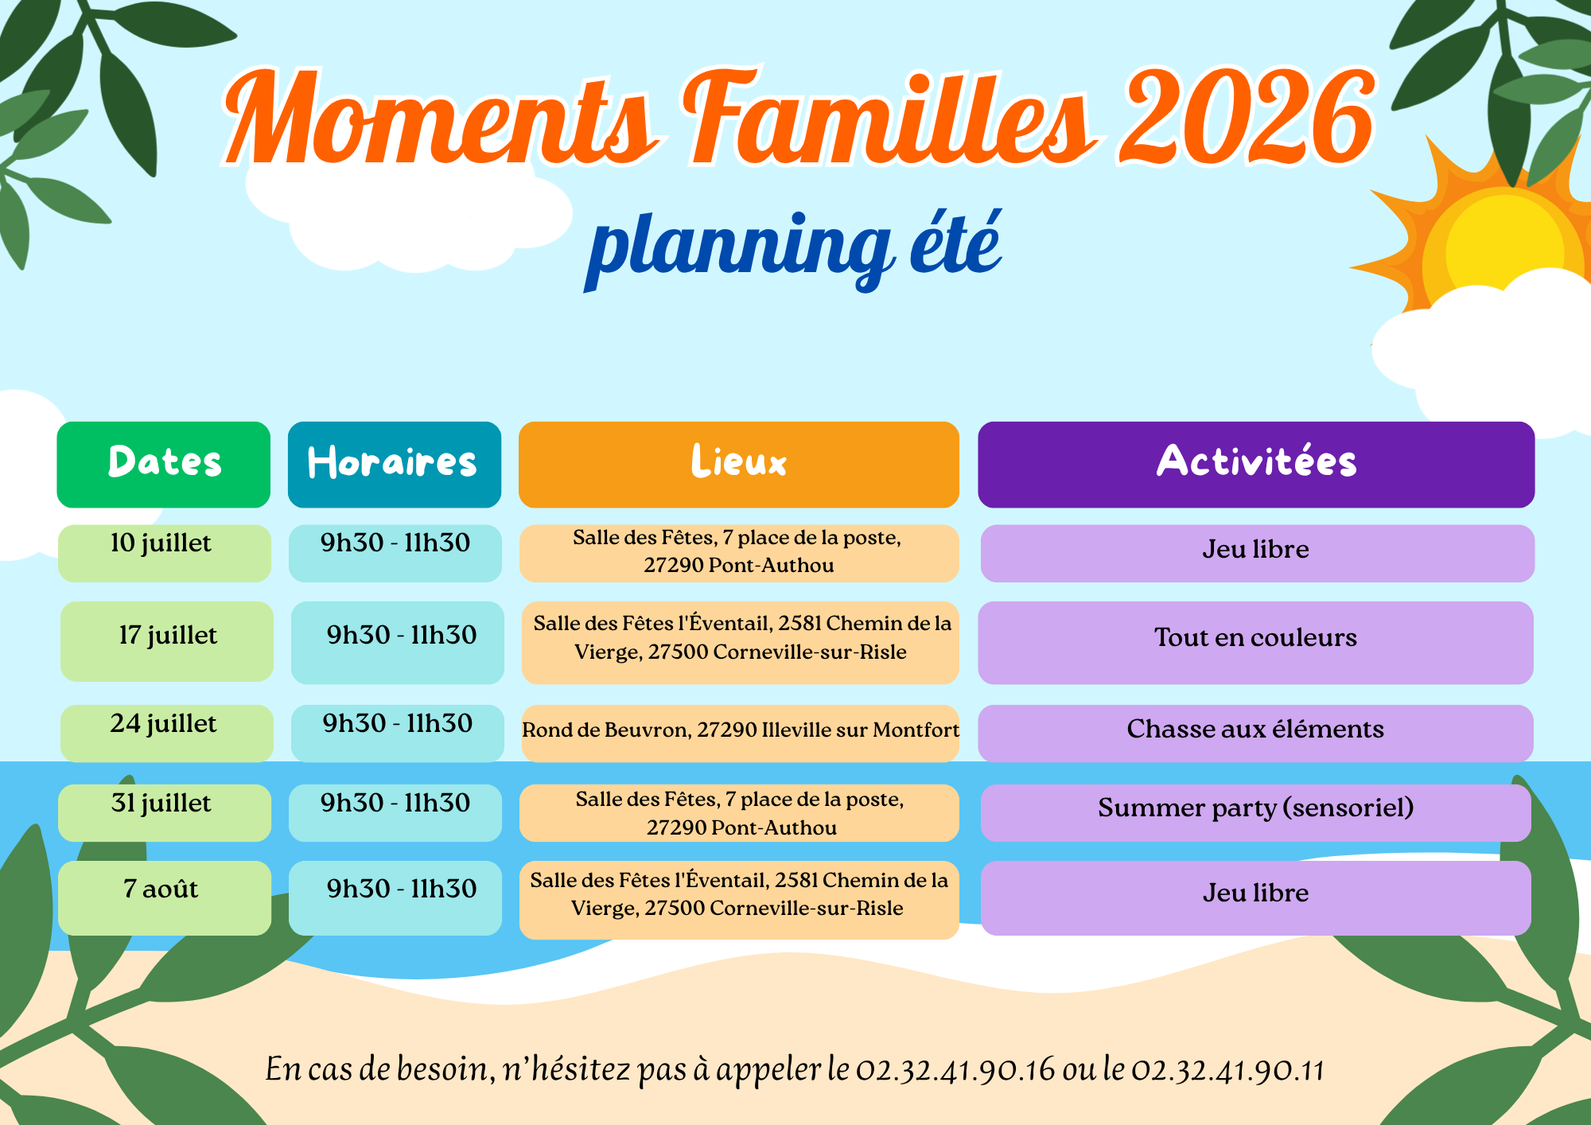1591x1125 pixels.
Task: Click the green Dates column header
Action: coord(164,465)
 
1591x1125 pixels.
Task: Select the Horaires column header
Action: coord(395,465)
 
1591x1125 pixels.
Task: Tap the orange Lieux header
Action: coord(739,465)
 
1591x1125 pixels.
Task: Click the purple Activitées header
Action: coord(1256,465)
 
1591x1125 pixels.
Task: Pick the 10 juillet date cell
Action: coord(165,553)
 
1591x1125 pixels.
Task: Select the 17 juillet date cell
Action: coord(167,641)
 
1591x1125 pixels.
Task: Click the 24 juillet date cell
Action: coord(167,733)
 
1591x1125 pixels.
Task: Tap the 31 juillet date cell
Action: coord(165,812)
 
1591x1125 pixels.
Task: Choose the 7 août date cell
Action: coord(165,897)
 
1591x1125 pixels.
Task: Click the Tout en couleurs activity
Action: coord(1256,642)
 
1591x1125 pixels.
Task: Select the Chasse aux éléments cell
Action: coord(1256,733)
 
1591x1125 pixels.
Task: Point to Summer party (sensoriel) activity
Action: coord(1256,812)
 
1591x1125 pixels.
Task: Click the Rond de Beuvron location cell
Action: coord(741,733)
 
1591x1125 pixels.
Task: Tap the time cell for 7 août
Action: coord(395,897)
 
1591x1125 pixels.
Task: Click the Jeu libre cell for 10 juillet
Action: coord(1258,553)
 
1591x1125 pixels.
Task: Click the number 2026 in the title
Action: coord(1247,118)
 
